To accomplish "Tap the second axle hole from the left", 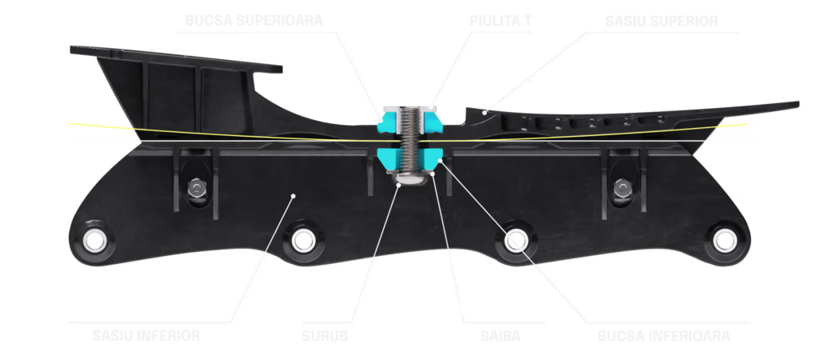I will (302, 238).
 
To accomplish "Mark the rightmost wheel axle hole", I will (724, 238).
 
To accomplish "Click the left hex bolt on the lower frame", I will (194, 189).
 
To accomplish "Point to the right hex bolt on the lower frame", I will (622, 189).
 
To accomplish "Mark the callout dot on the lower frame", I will (294, 194).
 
